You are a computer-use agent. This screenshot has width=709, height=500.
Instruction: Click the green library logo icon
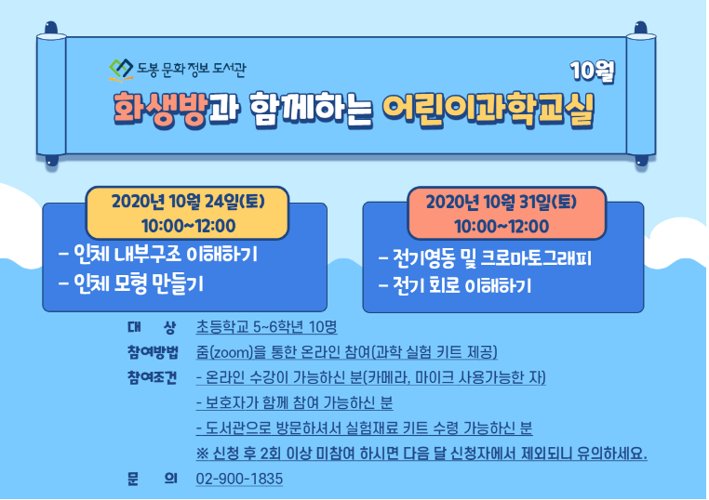click(121, 70)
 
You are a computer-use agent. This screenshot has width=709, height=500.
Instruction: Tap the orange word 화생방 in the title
click(161, 110)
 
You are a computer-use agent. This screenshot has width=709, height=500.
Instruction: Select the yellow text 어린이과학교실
click(488, 111)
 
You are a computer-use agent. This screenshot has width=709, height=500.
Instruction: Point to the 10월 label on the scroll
click(593, 71)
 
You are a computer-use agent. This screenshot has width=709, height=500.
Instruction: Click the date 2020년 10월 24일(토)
click(188, 201)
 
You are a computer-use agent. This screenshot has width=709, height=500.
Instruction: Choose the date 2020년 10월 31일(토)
click(502, 202)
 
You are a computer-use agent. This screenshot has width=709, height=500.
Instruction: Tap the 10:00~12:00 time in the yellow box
click(189, 226)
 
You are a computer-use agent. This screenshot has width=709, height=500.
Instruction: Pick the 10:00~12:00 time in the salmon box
click(502, 226)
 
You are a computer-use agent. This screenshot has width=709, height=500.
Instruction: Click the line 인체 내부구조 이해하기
click(158, 255)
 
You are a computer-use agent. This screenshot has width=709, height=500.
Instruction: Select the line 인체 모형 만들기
click(131, 283)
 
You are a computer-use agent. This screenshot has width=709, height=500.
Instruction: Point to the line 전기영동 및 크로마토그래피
click(485, 258)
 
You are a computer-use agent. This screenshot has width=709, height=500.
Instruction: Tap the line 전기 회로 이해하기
click(455, 285)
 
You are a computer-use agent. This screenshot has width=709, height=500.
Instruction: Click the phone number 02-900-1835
click(239, 479)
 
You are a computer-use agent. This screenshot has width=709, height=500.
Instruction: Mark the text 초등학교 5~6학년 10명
click(266, 326)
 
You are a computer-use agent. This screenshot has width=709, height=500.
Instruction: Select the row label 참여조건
click(153, 377)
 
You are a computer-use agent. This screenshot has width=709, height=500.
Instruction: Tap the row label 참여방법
click(153, 352)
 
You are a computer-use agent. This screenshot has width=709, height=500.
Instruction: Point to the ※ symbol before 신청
click(202, 454)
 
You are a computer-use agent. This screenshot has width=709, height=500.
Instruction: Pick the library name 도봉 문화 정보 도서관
click(192, 69)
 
